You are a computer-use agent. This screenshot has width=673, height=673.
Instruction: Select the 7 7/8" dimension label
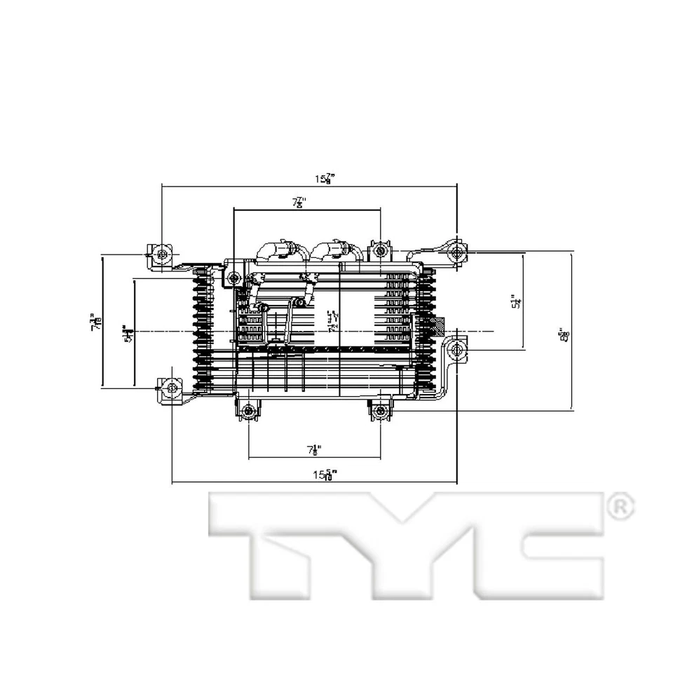299,203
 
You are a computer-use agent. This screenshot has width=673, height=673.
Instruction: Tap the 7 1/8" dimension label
313,449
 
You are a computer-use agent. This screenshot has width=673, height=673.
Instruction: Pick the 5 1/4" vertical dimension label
517,301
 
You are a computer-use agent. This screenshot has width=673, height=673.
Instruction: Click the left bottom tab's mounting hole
249,412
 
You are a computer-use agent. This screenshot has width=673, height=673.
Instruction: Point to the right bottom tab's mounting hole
381,412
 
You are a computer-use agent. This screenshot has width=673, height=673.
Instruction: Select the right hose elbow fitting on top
334,250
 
